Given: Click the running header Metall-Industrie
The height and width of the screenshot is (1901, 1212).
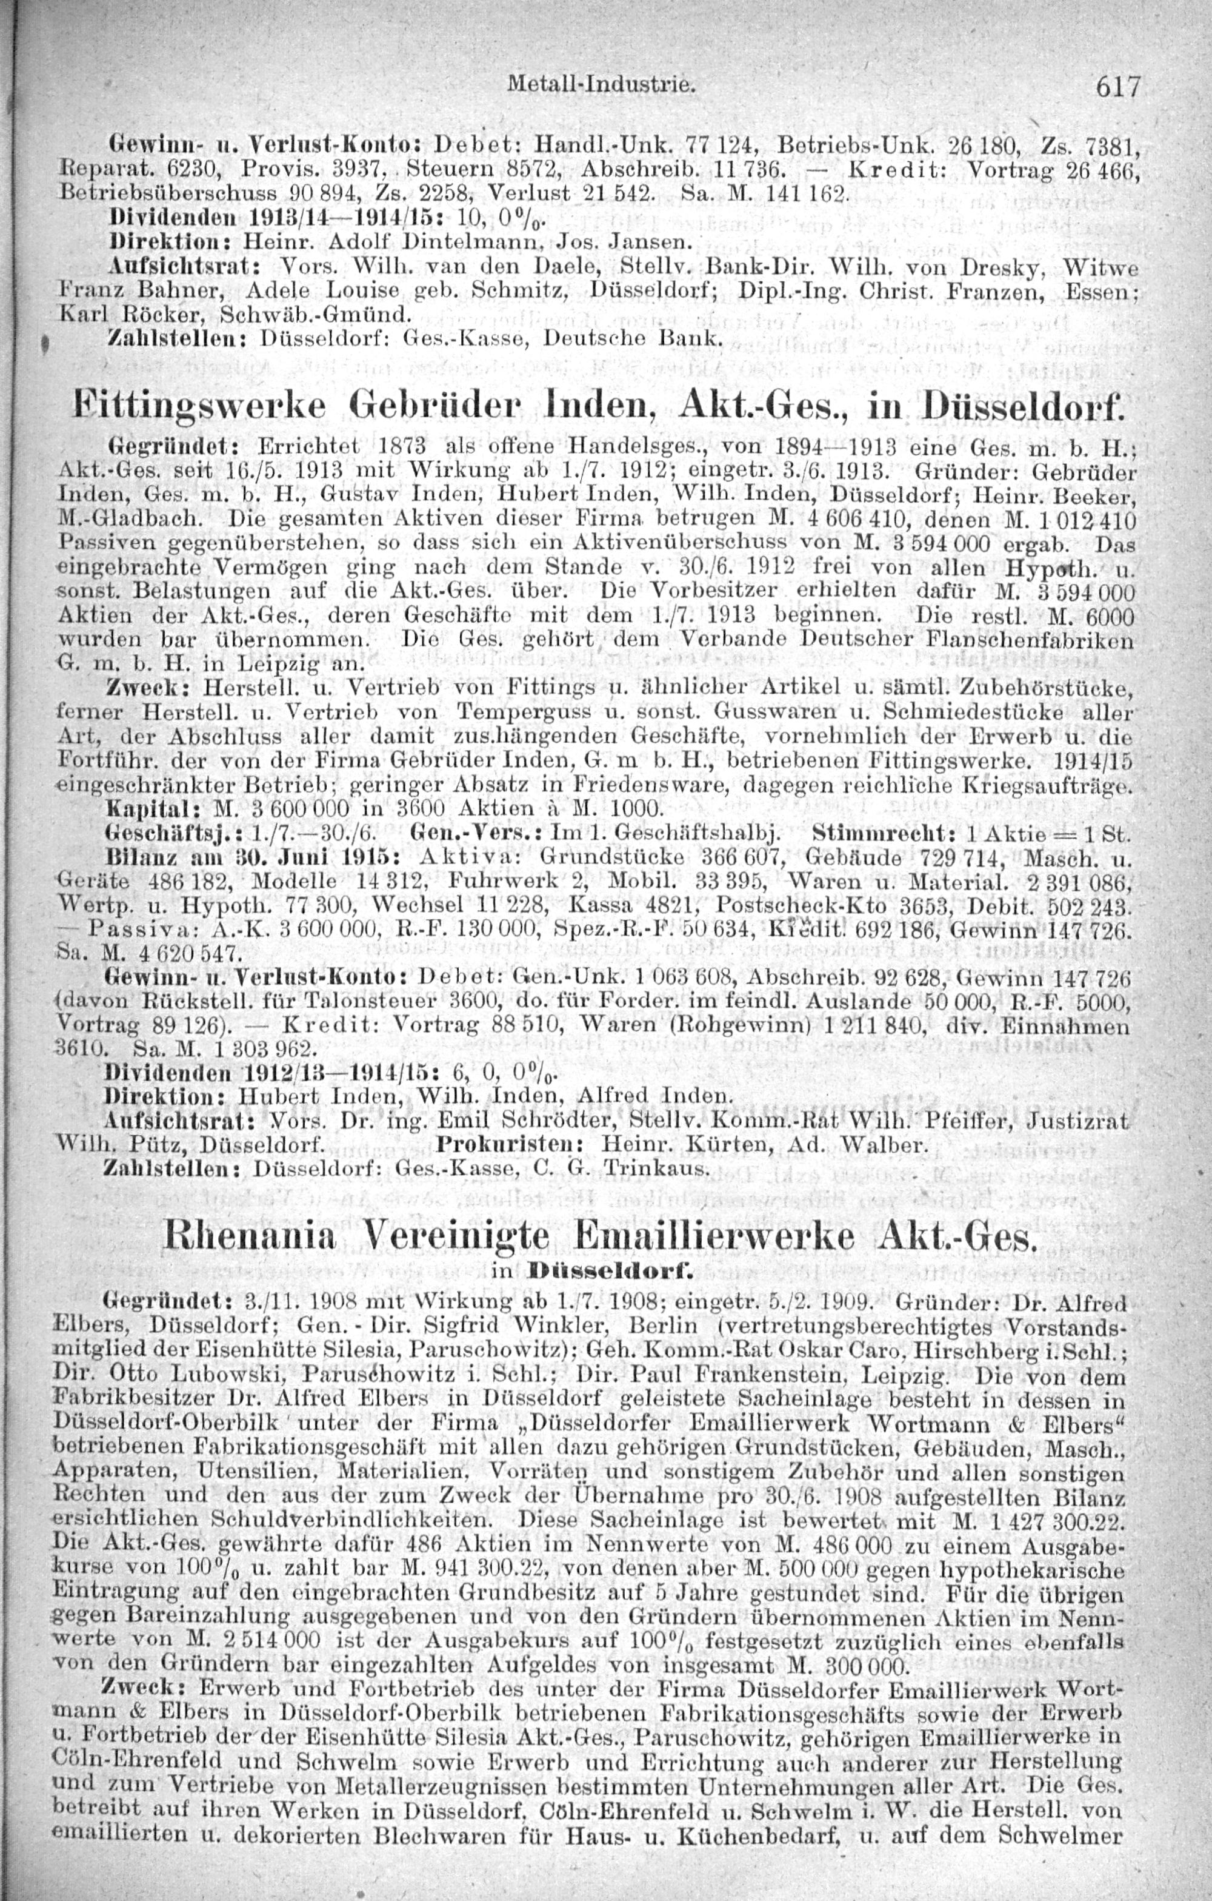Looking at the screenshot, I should (602, 82).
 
